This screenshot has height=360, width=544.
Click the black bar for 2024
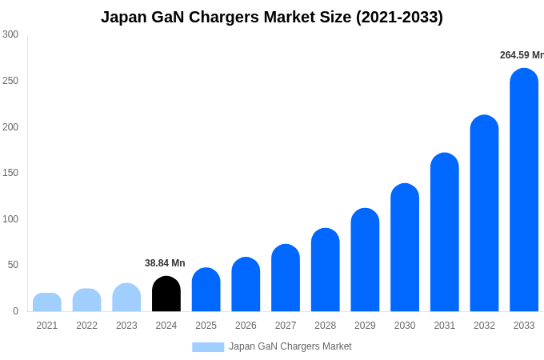point(166,294)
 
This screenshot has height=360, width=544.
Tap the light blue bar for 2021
point(47,302)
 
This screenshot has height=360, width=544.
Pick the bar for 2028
point(326,270)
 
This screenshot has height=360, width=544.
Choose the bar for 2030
point(405,247)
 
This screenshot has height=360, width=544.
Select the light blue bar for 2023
point(126,298)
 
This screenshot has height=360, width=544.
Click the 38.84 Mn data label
point(165,263)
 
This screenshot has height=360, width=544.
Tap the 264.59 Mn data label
point(521,55)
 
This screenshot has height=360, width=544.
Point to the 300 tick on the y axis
point(10,34)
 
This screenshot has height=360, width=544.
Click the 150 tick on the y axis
point(10,173)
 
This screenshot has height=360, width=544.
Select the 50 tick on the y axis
point(13,265)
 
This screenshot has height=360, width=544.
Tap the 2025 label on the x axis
point(206,326)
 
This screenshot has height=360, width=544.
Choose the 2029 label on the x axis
point(365,326)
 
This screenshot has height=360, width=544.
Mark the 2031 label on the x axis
point(444,326)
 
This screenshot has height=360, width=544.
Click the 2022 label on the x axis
point(86,326)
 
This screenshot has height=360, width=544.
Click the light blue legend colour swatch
point(208,346)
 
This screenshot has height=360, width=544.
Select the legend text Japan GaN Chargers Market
point(290,346)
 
